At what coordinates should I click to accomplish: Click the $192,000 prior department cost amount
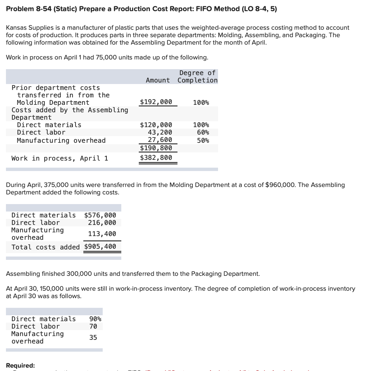coord(156,102)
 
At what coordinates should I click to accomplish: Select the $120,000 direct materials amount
coord(156,125)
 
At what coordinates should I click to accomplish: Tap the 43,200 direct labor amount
coord(160,132)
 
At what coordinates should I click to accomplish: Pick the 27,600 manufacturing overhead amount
coord(160,140)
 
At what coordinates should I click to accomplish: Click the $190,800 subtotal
coord(156,148)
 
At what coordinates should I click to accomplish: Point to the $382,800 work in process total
coord(156,158)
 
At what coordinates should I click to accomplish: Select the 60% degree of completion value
coord(203,132)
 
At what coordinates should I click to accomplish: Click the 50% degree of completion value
coord(203,140)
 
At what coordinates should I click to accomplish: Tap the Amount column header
coord(158,80)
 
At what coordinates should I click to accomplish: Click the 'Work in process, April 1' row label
coord(60,158)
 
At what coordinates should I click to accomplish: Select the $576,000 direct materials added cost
coord(100,215)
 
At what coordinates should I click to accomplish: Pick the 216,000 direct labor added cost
coord(102,223)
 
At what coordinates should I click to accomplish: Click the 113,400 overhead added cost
coord(102,234)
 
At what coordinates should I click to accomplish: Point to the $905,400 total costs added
coord(100,246)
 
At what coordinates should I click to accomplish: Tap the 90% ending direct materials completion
coord(95,319)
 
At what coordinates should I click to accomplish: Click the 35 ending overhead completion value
coord(93,338)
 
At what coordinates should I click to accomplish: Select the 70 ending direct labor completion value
coord(93,326)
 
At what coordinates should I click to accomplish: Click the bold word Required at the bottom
coord(20,365)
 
